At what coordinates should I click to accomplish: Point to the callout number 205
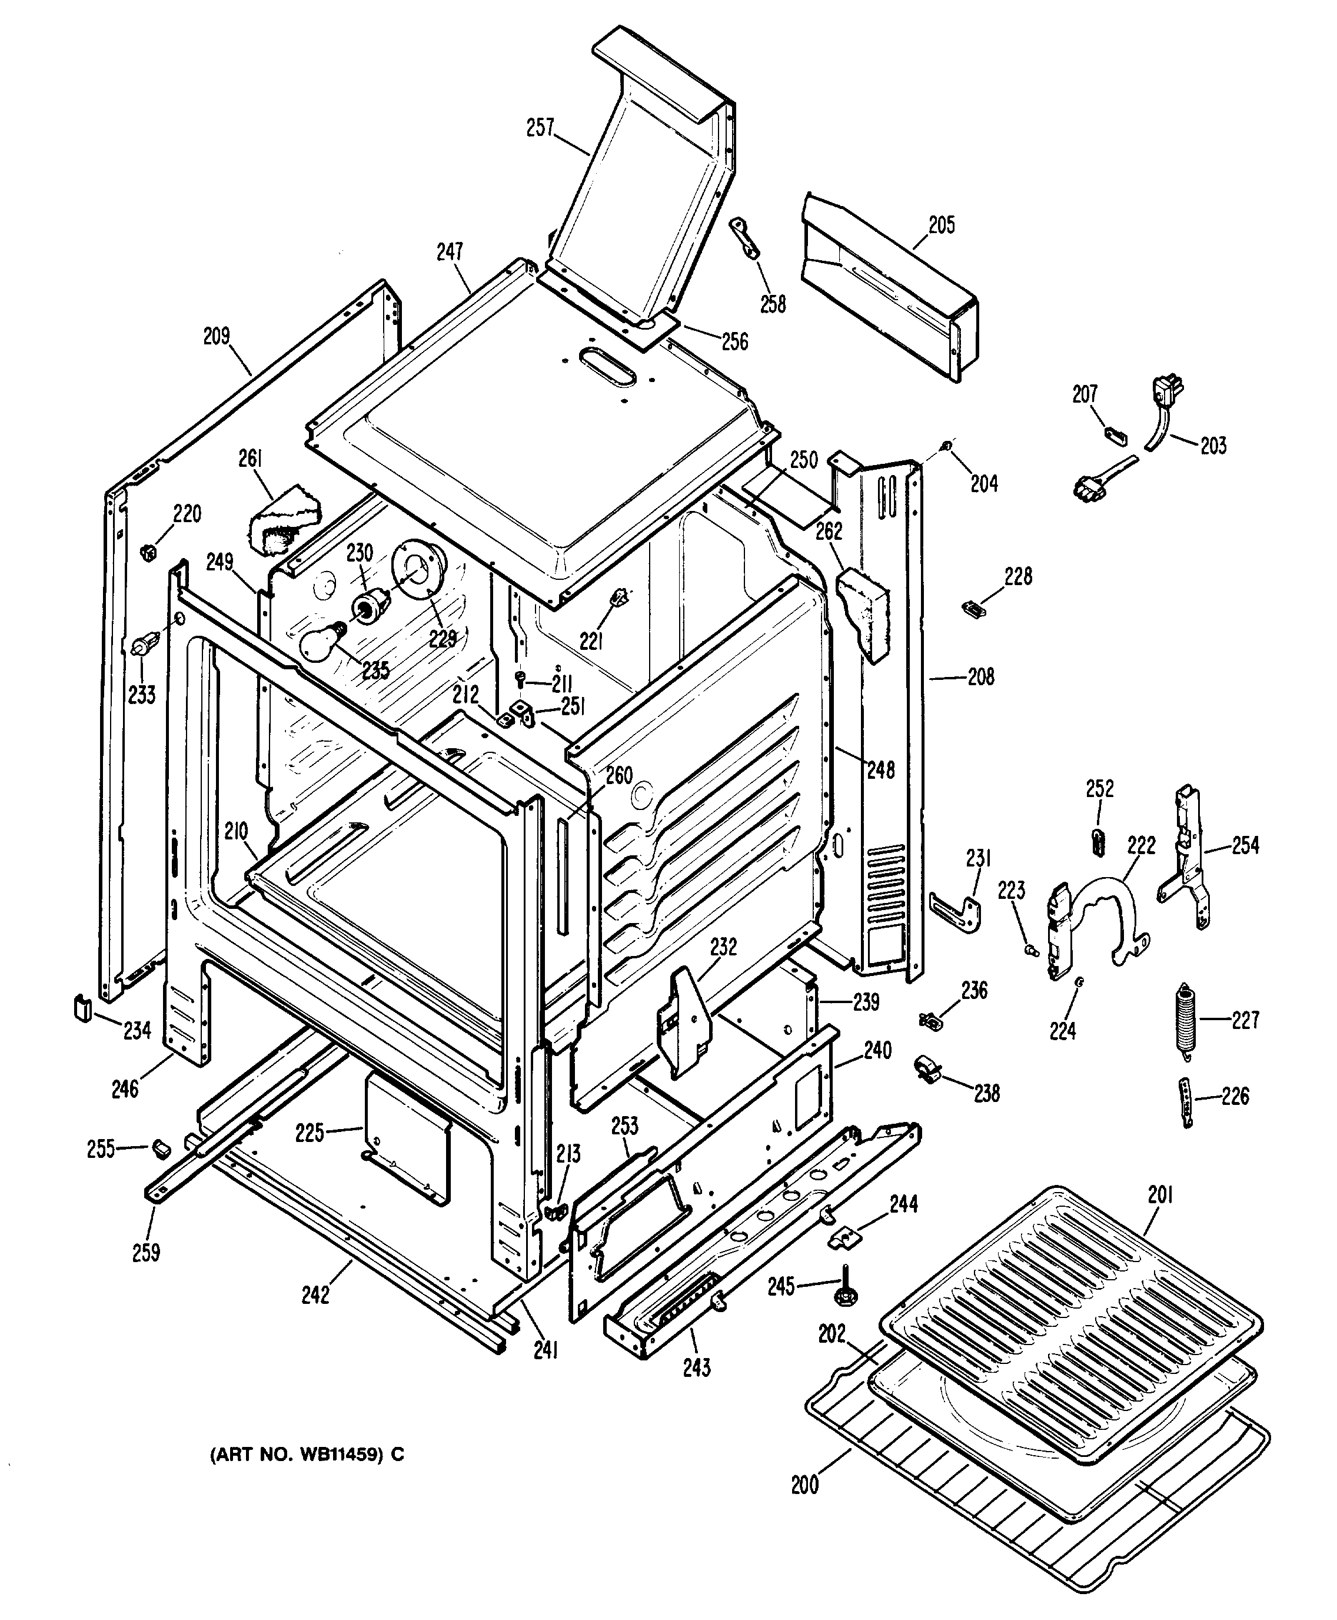(x=941, y=225)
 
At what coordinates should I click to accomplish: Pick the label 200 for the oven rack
(x=805, y=1485)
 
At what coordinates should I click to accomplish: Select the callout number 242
(x=316, y=1295)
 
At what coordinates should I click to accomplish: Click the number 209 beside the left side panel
(x=217, y=337)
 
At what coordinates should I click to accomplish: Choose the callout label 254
(x=1245, y=845)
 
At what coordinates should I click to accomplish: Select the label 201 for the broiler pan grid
(x=1160, y=1195)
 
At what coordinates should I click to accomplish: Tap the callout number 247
(x=450, y=252)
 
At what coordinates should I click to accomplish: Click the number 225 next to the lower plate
(x=310, y=1133)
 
